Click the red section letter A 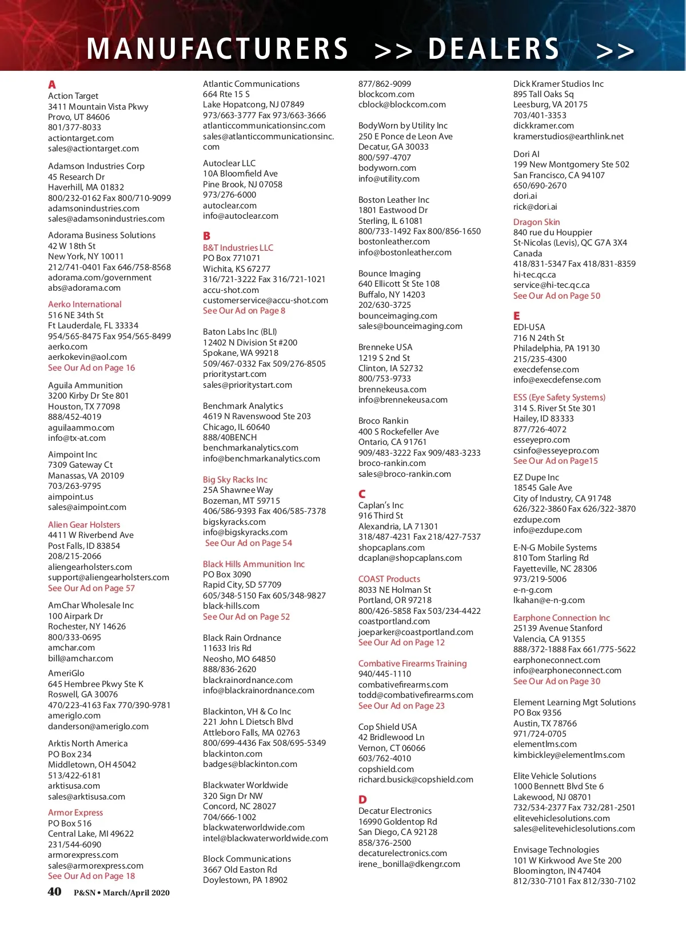(52, 85)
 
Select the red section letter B (206, 236)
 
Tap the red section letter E (517, 316)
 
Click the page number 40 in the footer (54, 892)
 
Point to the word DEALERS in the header (494, 49)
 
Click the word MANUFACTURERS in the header (218, 49)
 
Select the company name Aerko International (85, 304)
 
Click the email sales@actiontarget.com (93, 148)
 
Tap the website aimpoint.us (70, 497)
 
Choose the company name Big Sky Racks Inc (235, 480)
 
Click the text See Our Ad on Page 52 (246, 617)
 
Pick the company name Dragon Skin (536, 222)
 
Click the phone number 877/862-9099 (385, 84)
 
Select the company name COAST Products (389, 579)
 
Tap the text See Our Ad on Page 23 (401, 706)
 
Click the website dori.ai (526, 196)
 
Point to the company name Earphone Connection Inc (561, 618)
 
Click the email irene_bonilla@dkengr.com (409, 864)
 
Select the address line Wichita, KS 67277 (237, 269)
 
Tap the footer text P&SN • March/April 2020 (122, 893)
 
